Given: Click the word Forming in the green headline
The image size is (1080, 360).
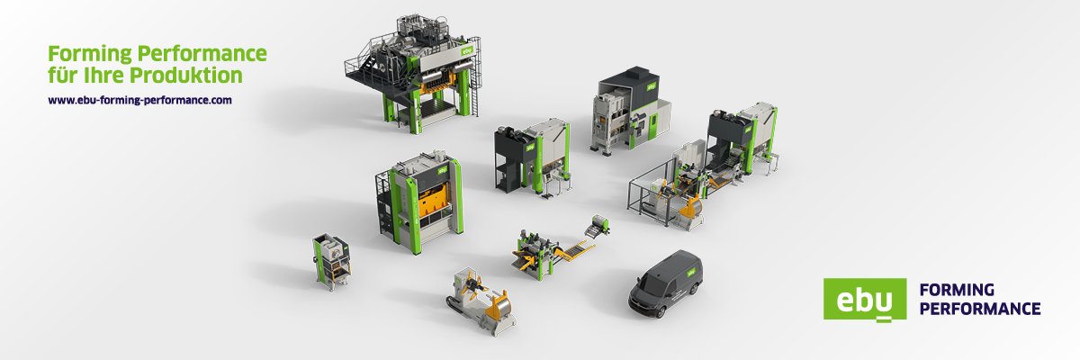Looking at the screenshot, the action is (90, 54).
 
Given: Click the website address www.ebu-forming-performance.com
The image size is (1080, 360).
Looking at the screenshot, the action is (139, 100).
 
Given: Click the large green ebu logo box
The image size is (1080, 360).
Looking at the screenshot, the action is (865, 300).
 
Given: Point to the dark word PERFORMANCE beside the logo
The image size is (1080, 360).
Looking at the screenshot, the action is (980, 309).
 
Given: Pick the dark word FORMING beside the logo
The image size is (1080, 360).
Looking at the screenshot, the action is (957, 290).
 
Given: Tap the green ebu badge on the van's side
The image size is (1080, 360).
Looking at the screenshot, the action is (691, 273).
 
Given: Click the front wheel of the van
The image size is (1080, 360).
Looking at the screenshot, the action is (660, 311).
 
